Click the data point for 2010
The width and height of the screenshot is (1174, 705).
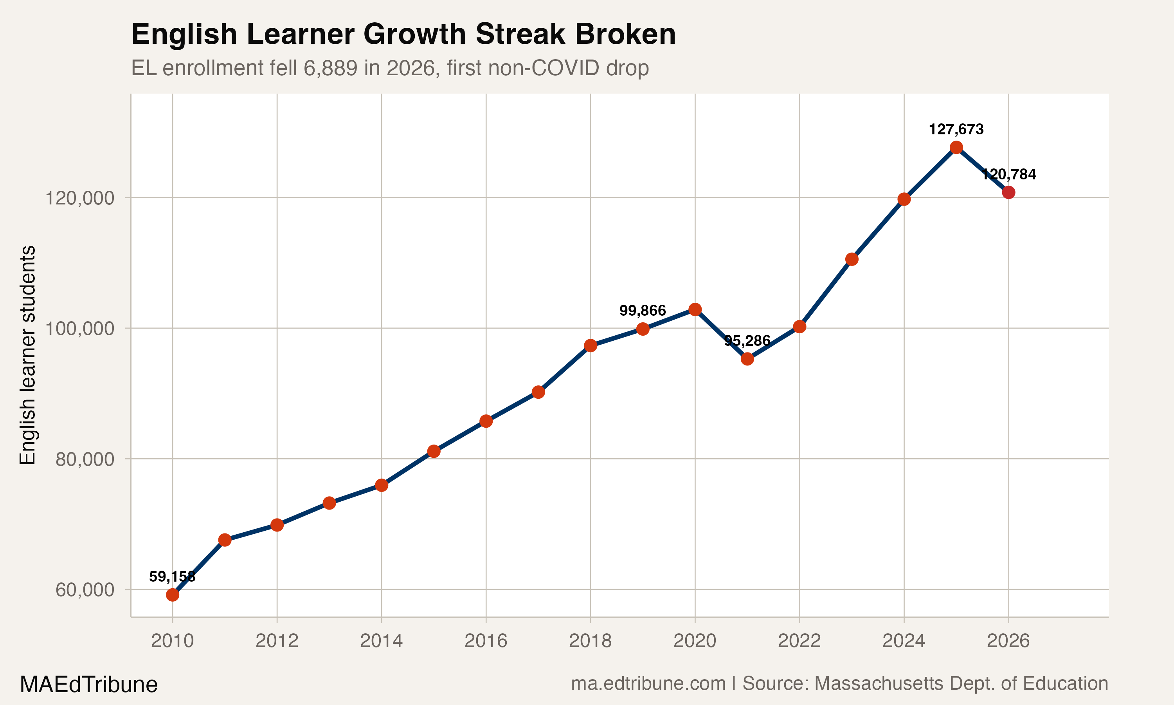[x=172, y=595]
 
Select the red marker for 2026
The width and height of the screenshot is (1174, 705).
[x=1008, y=192]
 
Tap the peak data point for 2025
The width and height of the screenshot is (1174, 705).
[x=956, y=147]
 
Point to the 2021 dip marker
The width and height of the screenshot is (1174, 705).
[x=747, y=359]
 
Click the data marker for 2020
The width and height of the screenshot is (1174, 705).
[x=695, y=310]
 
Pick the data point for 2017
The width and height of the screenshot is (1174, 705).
[x=538, y=392]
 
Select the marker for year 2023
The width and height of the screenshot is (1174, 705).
[x=852, y=259]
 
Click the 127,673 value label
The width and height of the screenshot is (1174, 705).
[x=956, y=129]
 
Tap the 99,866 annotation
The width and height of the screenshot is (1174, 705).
[x=643, y=311]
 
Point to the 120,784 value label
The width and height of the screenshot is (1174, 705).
[x=1008, y=174]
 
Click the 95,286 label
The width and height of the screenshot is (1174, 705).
[x=747, y=341]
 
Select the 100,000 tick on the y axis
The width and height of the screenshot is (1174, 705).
[x=79, y=328]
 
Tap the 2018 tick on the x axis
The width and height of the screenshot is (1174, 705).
[x=590, y=641]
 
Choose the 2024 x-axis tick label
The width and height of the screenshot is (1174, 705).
[x=904, y=641]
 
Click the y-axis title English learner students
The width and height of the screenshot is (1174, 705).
[x=27, y=355]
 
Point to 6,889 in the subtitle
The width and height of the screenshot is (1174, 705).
[x=330, y=68]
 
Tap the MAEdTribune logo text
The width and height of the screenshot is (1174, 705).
[x=88, y=685]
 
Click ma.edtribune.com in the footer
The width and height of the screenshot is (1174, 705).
[x=648, y=683]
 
